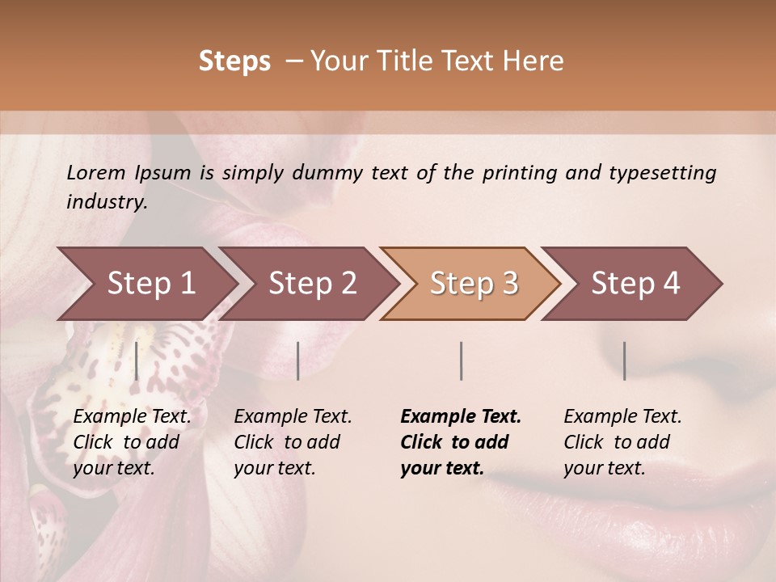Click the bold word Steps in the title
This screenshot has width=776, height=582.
[234, 61]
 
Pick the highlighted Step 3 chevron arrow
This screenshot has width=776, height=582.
[474, 283]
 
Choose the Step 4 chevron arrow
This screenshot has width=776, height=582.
[635, 283]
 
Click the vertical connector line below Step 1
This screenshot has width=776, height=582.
[137, 361]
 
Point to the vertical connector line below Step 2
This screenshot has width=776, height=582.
[298, 361]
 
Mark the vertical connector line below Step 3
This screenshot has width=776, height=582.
[461, 361]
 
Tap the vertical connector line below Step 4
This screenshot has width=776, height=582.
[624, 361]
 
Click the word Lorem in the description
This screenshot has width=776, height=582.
[96, 172]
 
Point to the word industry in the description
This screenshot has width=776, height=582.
[107, 202]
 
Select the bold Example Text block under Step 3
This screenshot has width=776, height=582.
[461, 442]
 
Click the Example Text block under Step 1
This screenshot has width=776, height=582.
[132, 442]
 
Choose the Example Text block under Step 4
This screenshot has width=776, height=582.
[622, 442]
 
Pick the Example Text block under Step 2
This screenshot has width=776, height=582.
[293, 442]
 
